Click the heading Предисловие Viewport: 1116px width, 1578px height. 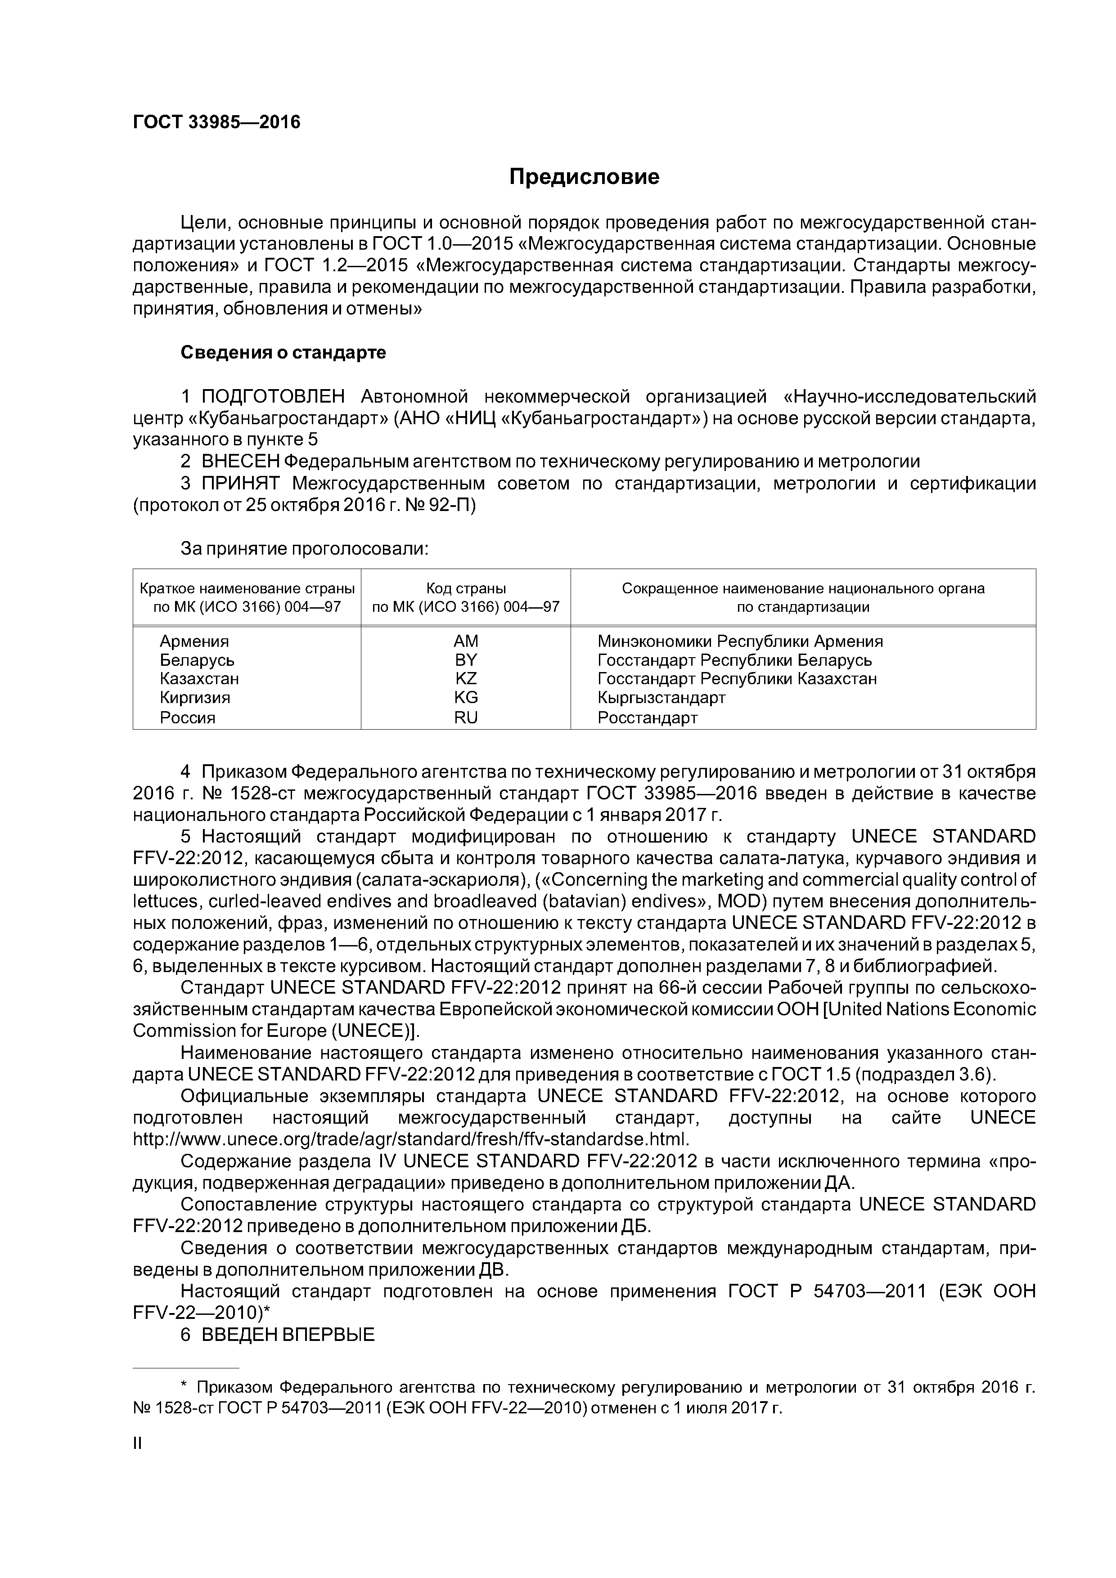[584, 177]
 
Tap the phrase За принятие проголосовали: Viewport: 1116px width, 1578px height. [305, 548]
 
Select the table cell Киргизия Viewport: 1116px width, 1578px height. [194, 698]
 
